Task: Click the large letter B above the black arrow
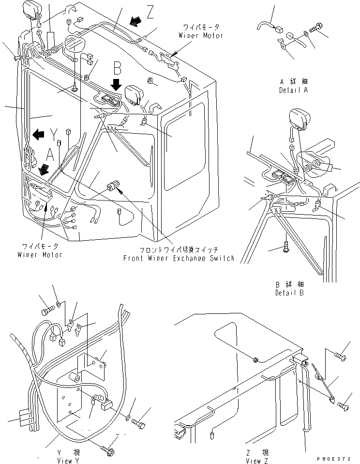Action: pos(118,67)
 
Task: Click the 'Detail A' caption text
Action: pos(293,91)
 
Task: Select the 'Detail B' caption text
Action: pos(290,293)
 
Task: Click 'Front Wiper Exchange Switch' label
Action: pos(179,258)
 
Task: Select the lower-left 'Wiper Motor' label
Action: pos(39,255)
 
